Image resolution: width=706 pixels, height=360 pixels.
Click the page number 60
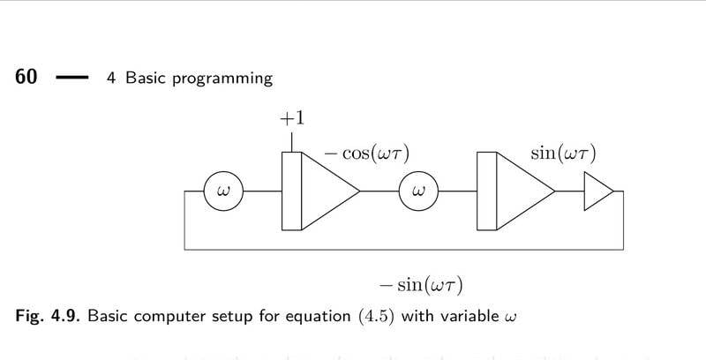tap(26, 77)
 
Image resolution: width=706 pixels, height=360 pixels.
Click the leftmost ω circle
tap(222, 191)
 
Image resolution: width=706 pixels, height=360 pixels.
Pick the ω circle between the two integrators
tap(419, 191)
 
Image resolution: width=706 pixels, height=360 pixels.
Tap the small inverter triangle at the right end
tap(597, 191)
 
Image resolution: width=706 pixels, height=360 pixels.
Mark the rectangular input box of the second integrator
tap(487, 191)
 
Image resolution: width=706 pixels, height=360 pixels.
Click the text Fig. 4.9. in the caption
tap(48, 315)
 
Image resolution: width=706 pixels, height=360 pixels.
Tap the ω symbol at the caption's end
tap(507, 316)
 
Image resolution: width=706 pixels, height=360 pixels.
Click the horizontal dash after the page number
tap(72, 78)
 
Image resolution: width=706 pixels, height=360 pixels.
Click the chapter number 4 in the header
tap(112, 78)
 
